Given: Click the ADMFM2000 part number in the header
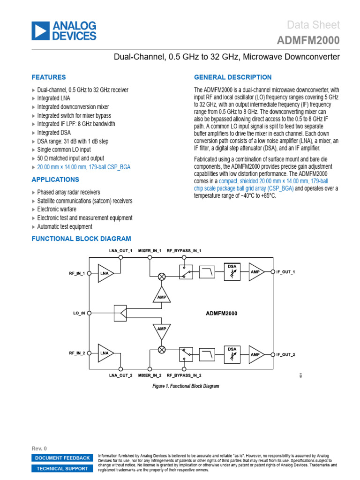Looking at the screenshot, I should point(308,41).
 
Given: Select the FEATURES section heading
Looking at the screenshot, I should point(48,77).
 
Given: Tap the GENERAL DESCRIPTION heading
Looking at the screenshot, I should point(232,77).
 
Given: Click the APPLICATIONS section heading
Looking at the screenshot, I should point(55,180).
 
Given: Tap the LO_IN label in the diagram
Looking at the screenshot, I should point(79,313).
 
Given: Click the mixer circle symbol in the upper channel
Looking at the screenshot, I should point(162,277).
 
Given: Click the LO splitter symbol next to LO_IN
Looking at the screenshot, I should point(120,313).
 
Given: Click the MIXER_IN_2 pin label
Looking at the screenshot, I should point(150,375).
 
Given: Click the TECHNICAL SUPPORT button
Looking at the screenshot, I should point(62,468).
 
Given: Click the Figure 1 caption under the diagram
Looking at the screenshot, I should point(186,386).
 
